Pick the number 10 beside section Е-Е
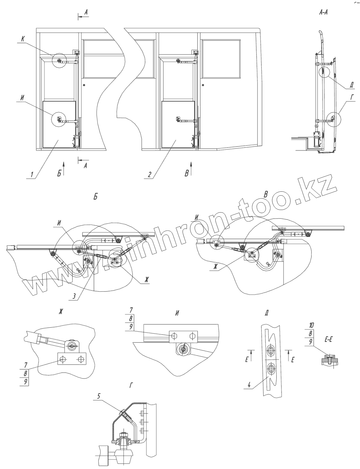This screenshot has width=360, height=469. click(x=312, y=325)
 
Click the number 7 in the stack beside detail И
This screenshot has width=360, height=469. click(x=131, y=312)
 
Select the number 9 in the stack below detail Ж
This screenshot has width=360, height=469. click(x=26, y=382)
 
